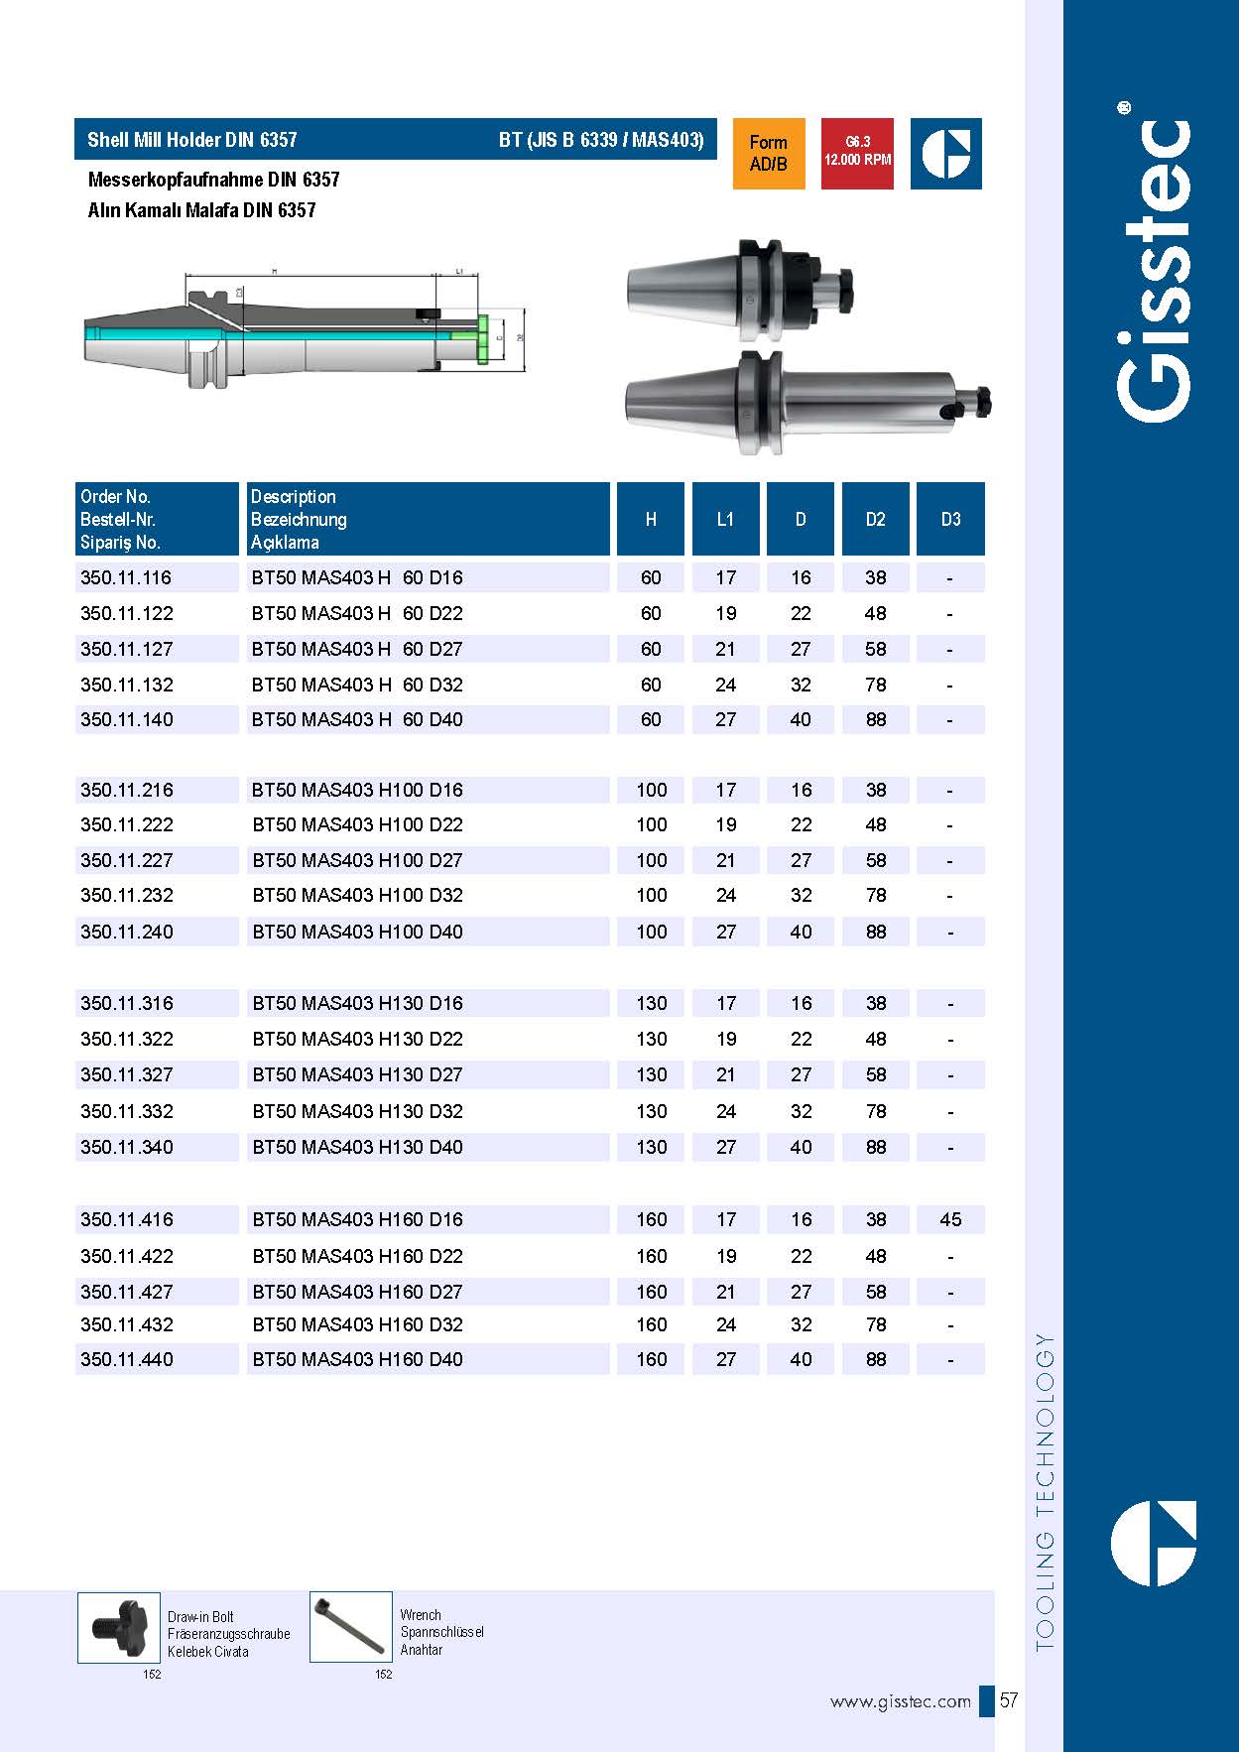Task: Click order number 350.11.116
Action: tap(126, 577)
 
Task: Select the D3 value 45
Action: tap(950, 1219)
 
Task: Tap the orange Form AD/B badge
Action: tap(769, 154)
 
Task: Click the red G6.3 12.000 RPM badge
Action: tap(857, 154)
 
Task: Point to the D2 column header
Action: tap(875, 519)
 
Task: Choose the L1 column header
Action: tap(725, 519)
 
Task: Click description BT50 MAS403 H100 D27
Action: tap(357, 860)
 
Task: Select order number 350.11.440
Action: tap(126, 1359)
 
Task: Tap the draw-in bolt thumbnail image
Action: tap(118, 1627)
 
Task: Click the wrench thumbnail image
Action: tap(350, 1627)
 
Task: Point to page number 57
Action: tap(1009, 1700)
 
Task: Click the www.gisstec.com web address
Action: tap(900, 1701)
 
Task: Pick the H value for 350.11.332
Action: tap(651, 1111)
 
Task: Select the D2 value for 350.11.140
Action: tap(875, 719)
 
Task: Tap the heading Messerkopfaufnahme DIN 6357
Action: tap(213, 180)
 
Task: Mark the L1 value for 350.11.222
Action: tap(726, 824)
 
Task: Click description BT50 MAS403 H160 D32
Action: tap(357, 1324)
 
